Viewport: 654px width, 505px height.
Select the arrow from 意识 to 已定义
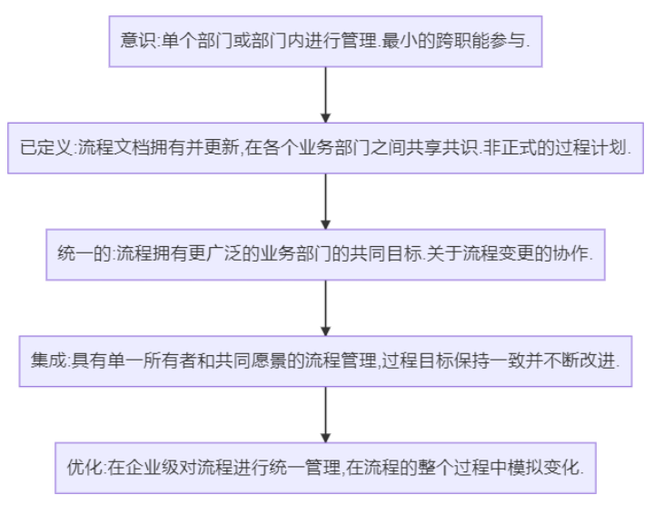point(325,94)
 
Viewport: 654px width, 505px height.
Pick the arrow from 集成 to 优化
point(325,413)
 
